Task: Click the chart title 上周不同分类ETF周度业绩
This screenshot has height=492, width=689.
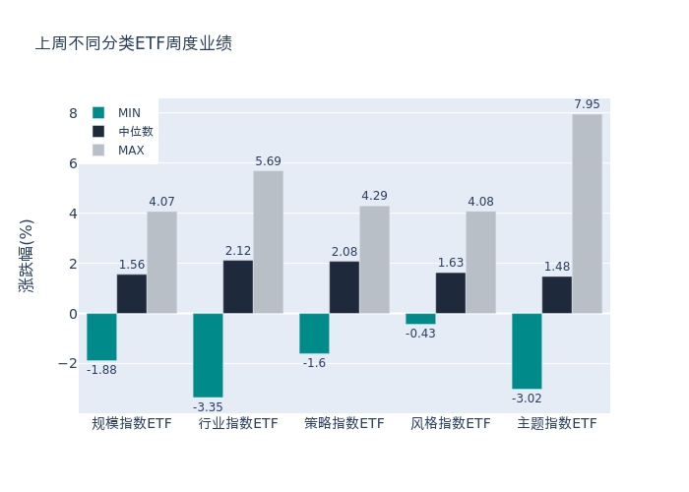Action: pyautogui.click(x=134, y=43)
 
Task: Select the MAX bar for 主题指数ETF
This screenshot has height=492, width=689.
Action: pyautogui.click(x=587, y=214)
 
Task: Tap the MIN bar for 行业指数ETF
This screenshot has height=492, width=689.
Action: pyautogui.click(x=208, y=355)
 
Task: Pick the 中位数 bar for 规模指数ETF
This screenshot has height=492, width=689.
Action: pyautogui.click(x=132, y=293)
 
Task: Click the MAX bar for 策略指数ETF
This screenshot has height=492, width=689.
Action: pyautogui.click(x=374, y=260)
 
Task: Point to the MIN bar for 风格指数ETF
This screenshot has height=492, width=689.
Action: pyautogui.click(x=420, y=319)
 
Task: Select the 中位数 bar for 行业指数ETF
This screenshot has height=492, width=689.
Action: pyautogui.click(x=238, y=286)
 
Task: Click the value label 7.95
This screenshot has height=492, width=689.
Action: pyautogui.click(x=587, y=104)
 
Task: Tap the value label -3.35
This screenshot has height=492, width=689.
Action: pyautogui.click(x=208, y=407)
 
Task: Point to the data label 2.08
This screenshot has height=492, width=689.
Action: pyautogui.click(x=344, y=252)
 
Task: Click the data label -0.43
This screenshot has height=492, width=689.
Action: pyautogui.click(x=420, y=334)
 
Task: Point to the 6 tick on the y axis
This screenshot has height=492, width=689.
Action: pyautogui.click(x=73, y=163)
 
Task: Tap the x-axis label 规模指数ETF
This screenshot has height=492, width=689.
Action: pyautogui.click(x=132, y=424)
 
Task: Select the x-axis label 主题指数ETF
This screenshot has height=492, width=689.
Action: pyautogui.click(x=557, y=424)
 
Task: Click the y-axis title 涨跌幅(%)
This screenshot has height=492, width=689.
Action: pyautogui.click(x=27, y=256)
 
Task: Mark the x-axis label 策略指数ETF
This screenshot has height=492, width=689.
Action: pyautogui.click(x=344, y=424)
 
